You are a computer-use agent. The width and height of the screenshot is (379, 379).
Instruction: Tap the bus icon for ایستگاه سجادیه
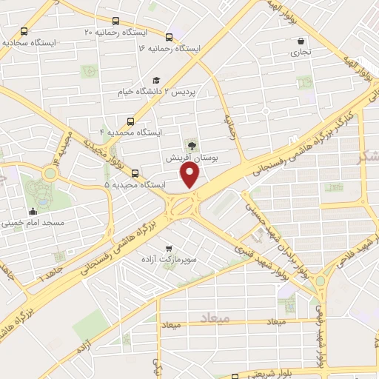[25, 32]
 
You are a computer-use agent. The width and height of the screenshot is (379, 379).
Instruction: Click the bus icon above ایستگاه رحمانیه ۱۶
[170, 37]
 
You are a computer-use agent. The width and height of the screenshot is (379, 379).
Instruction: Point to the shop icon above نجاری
[300, 41]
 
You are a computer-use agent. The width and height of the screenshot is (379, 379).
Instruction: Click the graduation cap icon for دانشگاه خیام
[156, 80]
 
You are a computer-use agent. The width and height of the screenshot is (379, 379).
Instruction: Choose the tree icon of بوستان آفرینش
[190, 146]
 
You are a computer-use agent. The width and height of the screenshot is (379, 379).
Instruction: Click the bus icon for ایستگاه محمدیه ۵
[134, 173]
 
